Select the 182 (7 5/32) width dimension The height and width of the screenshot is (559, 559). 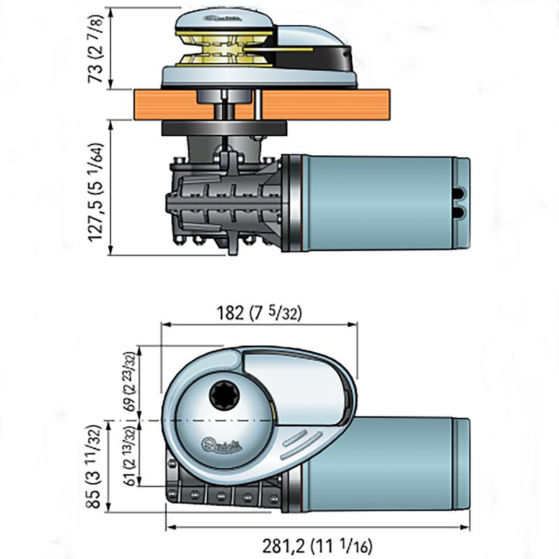click(x=259, y=313)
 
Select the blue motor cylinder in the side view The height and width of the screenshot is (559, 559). click(x=377, y=203)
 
